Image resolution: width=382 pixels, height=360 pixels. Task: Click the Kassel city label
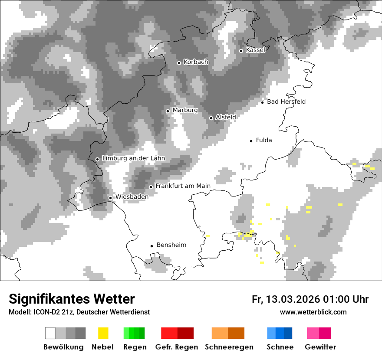255,50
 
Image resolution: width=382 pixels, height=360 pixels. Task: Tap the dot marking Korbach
179,63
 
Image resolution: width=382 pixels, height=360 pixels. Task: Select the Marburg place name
185,110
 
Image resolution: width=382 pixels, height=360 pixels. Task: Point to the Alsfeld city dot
211,118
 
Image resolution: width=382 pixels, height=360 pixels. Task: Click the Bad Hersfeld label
286,101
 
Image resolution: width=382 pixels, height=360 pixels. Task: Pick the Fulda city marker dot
251,141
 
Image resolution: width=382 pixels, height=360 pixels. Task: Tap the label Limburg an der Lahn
133,158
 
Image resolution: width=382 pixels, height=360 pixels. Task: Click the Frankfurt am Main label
183,186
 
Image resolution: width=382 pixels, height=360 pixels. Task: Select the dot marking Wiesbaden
110,198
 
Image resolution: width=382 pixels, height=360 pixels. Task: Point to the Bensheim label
171,245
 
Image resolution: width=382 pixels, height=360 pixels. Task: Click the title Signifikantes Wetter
72,299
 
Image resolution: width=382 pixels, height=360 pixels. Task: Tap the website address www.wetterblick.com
313,312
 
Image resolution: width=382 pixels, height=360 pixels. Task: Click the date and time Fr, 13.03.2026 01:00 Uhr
310,299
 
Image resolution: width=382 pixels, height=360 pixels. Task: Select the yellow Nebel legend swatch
103,333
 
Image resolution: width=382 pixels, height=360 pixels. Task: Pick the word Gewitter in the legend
320,347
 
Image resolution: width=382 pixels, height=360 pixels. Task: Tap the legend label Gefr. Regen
176,347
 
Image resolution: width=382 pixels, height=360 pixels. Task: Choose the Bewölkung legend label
63,347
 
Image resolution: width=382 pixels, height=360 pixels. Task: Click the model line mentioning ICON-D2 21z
79,312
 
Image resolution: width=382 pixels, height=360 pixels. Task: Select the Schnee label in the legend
280,347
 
